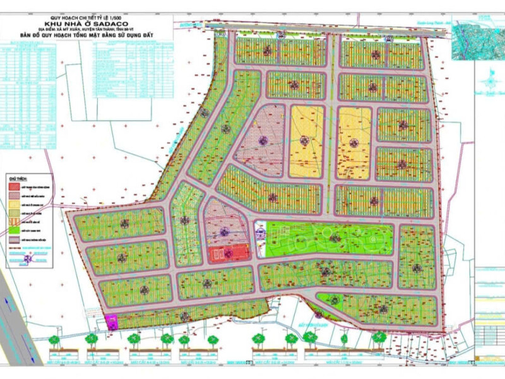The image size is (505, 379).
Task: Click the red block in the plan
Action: (229, 254)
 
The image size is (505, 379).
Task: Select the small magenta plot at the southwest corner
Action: (111, 322)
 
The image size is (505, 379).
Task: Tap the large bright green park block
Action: (328, 238)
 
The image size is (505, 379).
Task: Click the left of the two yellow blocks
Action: (306, 141)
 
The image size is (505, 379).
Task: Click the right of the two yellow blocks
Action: (353, 142)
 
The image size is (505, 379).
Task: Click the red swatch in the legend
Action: (13, 188)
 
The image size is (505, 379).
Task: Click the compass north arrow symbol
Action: (487, 79)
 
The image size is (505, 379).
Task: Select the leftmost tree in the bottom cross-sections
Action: (55, 340)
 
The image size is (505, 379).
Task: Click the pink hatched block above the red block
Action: (224, 221)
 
